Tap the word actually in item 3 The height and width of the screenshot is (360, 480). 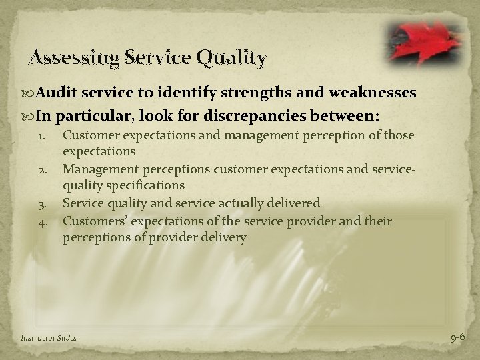[245, 203]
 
